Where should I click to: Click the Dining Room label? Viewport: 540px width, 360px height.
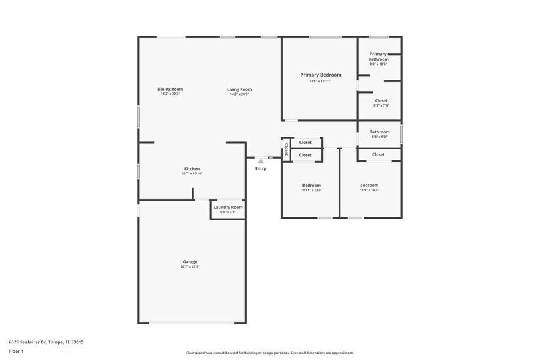coord(170,89)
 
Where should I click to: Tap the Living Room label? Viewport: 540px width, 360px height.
coord(239,89)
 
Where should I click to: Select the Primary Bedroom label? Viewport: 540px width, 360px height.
coord(320,75)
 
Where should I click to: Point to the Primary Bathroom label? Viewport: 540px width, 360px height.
coord(378,56)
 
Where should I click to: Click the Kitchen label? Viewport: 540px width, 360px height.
coord(192,169)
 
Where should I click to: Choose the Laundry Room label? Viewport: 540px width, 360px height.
coord(228,207)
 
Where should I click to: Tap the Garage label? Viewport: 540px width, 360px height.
coord(190,262)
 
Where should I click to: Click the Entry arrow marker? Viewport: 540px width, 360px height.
coord(261,161)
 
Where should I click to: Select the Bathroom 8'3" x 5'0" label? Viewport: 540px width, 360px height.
coord(380,132)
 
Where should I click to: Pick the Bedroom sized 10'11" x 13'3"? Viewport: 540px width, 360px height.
coord(311,185)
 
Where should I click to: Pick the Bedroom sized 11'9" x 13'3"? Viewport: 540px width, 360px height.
coord(369,185)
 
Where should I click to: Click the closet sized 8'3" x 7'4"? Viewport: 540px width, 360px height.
coord(381,100)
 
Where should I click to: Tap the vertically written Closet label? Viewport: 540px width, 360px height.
coord(286,149)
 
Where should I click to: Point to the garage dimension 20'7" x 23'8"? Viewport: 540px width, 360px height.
coord(190,267)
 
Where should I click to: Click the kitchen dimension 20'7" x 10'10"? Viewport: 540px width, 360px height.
coord(192,174)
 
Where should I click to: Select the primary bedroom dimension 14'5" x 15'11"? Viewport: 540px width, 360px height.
coord(320,81)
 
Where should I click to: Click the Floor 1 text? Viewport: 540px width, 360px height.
coord(16,351)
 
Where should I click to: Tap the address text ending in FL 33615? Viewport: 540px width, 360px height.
coord(46,342)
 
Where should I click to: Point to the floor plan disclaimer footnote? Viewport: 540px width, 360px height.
coord(269,353)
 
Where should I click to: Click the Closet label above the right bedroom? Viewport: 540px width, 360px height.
coord(378,154)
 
